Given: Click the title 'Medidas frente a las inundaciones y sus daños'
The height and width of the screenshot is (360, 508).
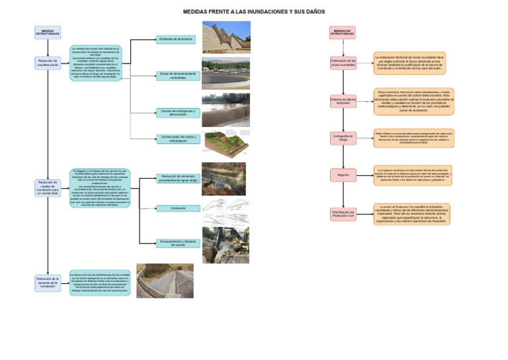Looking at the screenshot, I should tap(253, 12).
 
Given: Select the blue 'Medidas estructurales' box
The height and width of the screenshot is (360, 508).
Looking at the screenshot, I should tap(48, 32).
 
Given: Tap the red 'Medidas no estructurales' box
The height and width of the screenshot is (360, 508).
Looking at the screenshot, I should tap(343, 32).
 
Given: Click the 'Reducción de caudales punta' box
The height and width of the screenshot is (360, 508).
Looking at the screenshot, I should tap(48, 63).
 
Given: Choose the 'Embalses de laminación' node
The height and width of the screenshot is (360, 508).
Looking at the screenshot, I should tap(175, 39).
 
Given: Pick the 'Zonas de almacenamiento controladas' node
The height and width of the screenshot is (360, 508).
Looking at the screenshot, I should tap(177, 76).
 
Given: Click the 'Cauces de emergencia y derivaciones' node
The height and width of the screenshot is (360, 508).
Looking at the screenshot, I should tap(177, 113).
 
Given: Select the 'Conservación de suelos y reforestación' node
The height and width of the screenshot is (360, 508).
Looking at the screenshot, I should tap(177, 138).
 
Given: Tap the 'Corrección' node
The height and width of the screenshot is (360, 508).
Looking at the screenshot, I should tap(177, 208).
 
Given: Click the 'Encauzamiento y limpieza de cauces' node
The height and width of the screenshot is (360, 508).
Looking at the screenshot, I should tap(177, 243).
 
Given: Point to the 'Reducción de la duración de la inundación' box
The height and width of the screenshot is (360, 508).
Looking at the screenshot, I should tap(48, 283).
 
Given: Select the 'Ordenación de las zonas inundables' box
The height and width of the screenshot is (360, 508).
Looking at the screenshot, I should tap(343, 63).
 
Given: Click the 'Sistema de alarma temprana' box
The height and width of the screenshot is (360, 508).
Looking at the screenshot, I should tap(343, 101).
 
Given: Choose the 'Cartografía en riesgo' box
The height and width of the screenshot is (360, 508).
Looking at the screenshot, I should tap(343, 138).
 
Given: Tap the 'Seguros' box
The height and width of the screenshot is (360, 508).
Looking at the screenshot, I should tap(343, 175).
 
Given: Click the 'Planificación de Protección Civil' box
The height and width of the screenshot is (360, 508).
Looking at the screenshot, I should tap(343, 213).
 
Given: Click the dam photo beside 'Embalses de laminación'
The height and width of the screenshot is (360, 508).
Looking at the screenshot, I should tap(226, 37).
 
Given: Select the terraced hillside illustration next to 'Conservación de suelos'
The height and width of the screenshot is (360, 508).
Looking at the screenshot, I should tap(227, 142).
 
